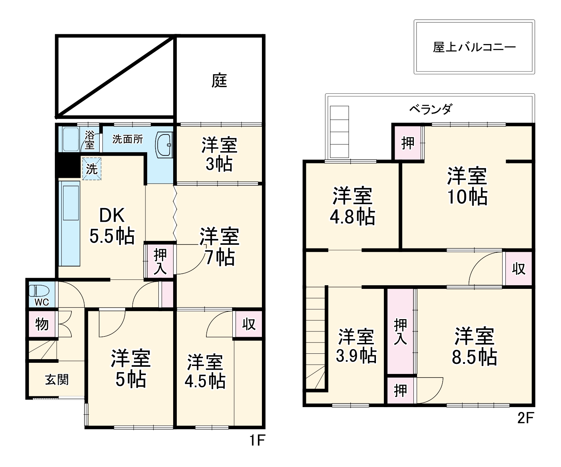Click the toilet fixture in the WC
tap(39, 291)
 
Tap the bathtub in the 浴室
tap(70, 139)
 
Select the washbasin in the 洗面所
tap(164, 145)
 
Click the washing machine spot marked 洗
tap(92, 169)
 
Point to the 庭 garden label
tap(219, 80)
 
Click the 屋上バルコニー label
tap(474, 47)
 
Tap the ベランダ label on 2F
tap(430, 109)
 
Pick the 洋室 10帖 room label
tap(467, 186)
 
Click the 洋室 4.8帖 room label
tap(352, 206)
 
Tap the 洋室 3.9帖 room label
tap(356, 345)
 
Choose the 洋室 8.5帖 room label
tap(474, 346)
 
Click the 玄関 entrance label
tap(57, 379)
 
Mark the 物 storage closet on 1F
tap(42, 324)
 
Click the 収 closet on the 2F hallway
tap(518, 269)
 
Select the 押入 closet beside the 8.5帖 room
tap(400, 331)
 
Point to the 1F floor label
tap(257, 440)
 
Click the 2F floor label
tap(525, 418)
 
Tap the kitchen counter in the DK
tap(70, 224)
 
